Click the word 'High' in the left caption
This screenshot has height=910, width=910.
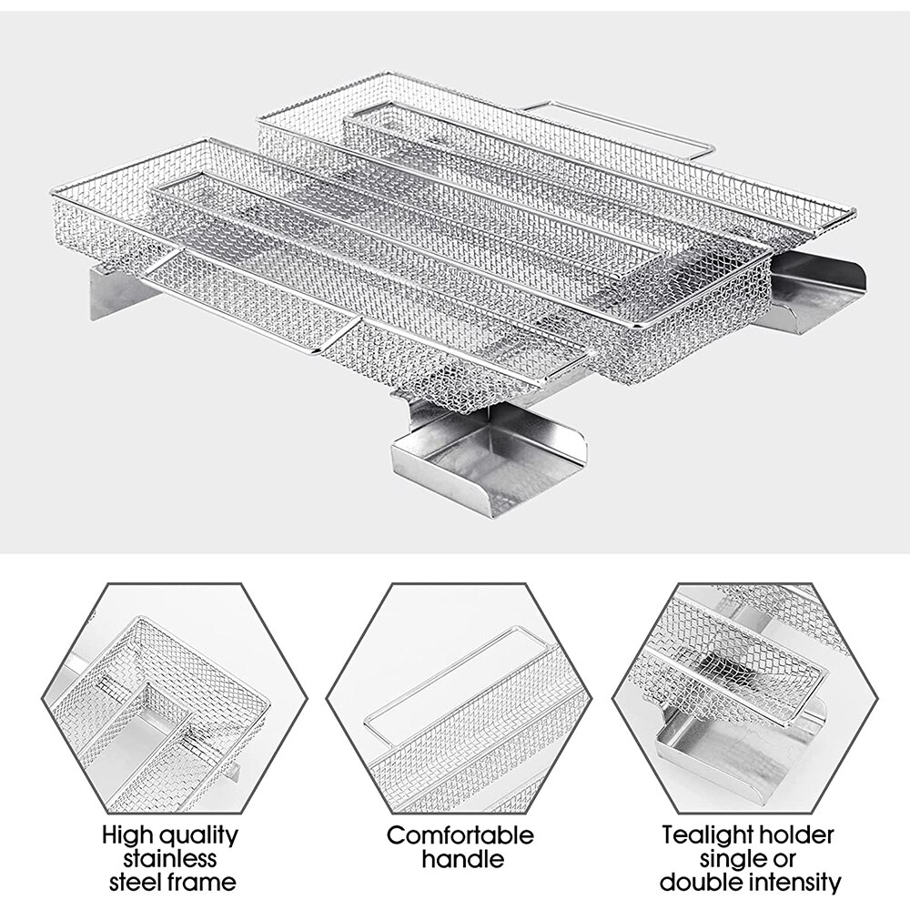(x=124, y=834)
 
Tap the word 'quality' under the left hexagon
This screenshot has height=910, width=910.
(x=196, y=834)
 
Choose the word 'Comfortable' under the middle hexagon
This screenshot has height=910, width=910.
(x=460, y=834)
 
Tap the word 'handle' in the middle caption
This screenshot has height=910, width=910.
(x=460, y=858)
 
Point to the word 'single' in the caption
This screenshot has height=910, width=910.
(x=733, y=858)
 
